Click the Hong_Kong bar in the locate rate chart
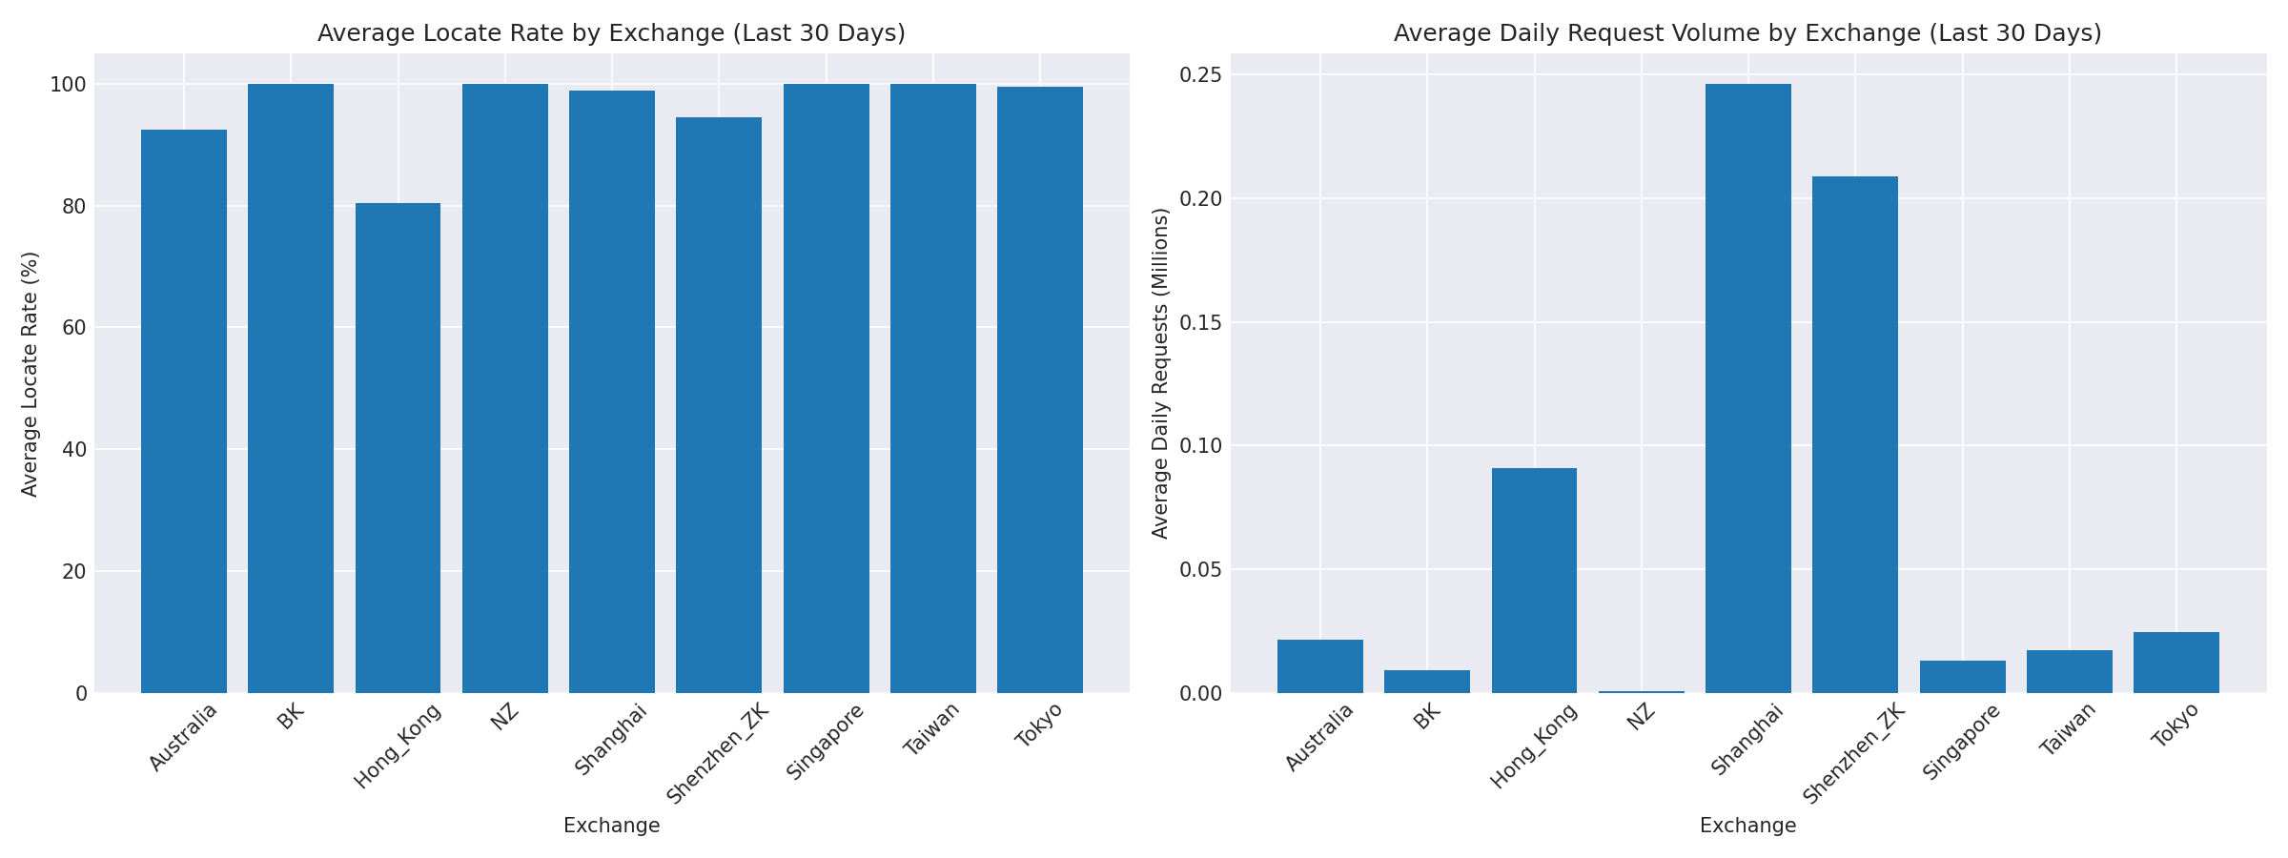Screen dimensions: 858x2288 [398, 448]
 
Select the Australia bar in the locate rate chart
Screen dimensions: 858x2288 [184, 411]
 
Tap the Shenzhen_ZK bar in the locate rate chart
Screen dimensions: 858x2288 [719, 405]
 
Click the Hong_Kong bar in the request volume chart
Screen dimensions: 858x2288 [1534, 581]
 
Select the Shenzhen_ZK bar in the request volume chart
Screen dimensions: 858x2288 [1854, 435]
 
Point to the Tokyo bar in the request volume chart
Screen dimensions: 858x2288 [2176, 663]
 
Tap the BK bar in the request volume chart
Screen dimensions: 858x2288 [1427, 682]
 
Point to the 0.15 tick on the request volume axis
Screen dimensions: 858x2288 [1200, 322]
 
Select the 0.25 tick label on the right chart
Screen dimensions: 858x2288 [1200, 75]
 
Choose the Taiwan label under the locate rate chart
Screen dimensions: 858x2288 [931, 729]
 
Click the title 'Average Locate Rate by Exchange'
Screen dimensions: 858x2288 [611, 33]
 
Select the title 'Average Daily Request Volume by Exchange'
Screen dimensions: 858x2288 [1747, 33]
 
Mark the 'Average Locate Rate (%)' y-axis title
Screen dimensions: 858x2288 [31, 374]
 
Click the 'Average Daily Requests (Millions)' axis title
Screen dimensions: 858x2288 [1160, 374]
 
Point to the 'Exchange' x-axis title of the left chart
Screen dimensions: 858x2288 [611, 827]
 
